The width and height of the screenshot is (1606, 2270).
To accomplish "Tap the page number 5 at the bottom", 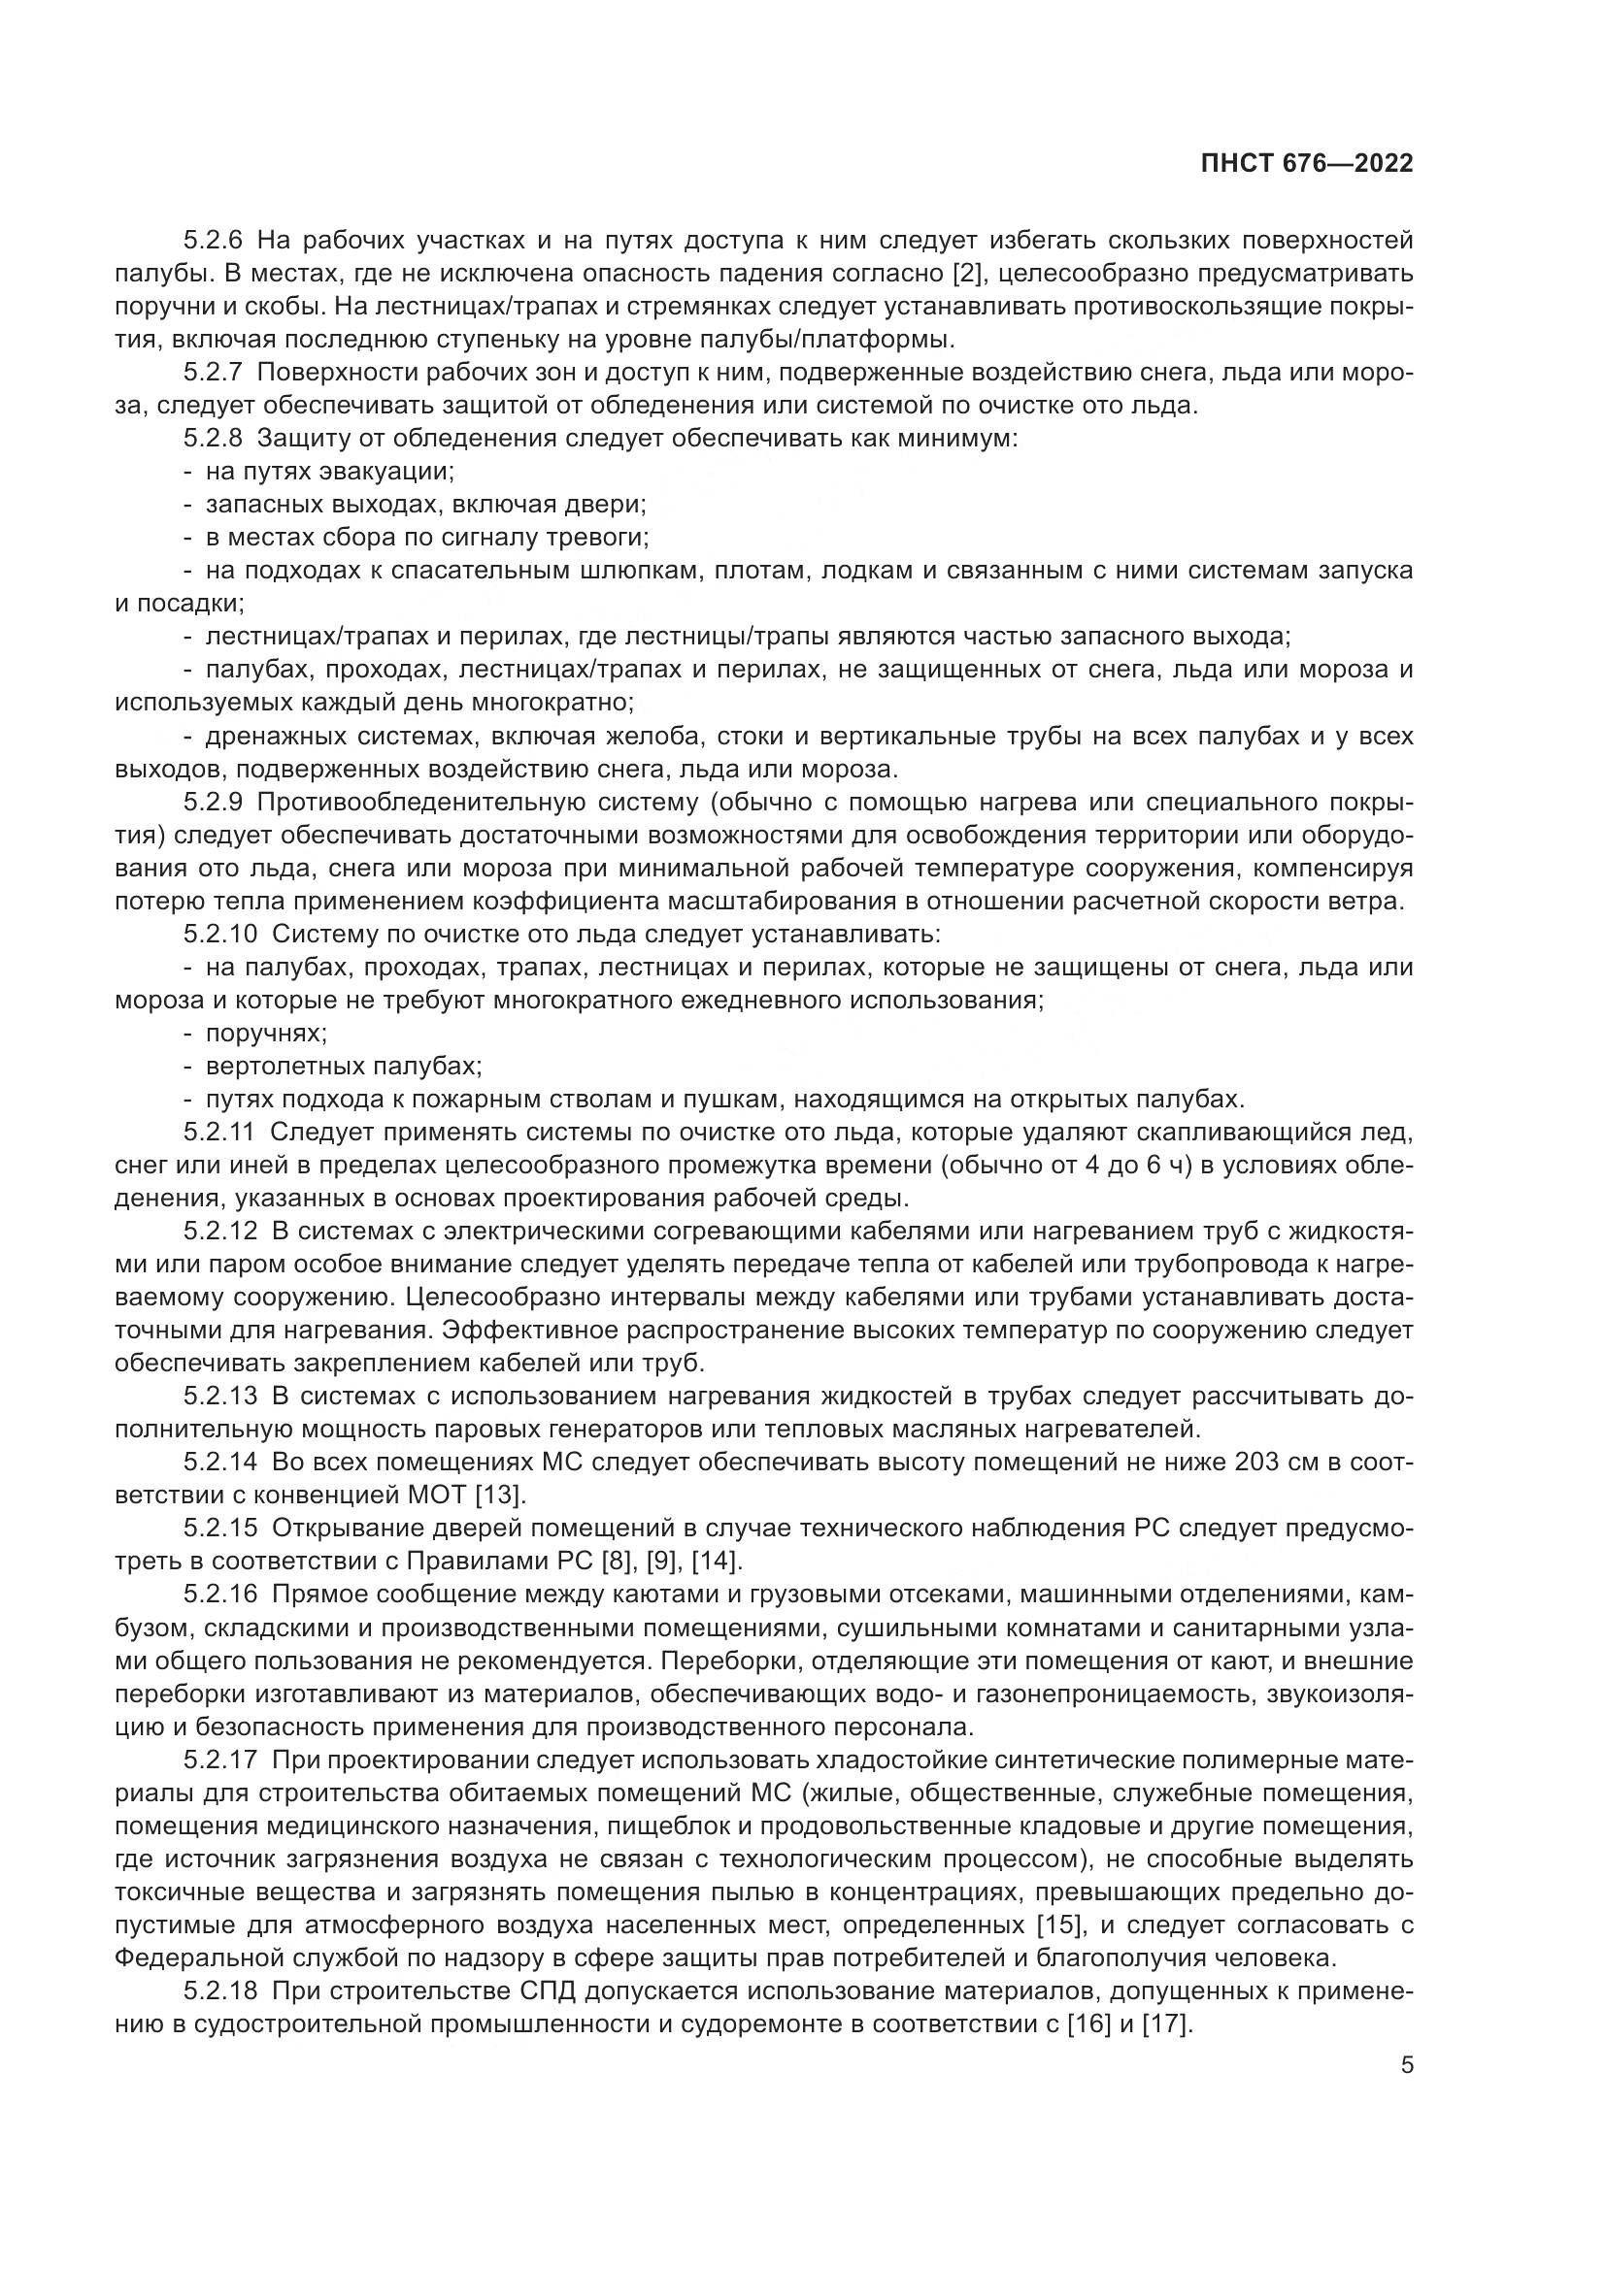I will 1407,2065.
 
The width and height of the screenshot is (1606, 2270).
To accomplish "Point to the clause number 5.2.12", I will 219,1232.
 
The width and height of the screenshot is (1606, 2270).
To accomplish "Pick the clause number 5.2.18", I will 219,1991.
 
